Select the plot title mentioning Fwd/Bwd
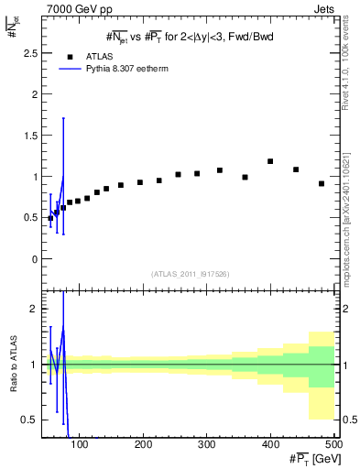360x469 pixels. point(188,36)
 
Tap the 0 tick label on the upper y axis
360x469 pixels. point(34,259)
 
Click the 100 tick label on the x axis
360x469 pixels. point(80,444)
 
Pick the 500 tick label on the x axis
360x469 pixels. point(333,444)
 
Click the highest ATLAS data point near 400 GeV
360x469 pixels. point(270,161)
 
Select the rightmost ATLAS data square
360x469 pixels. point(322,183)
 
